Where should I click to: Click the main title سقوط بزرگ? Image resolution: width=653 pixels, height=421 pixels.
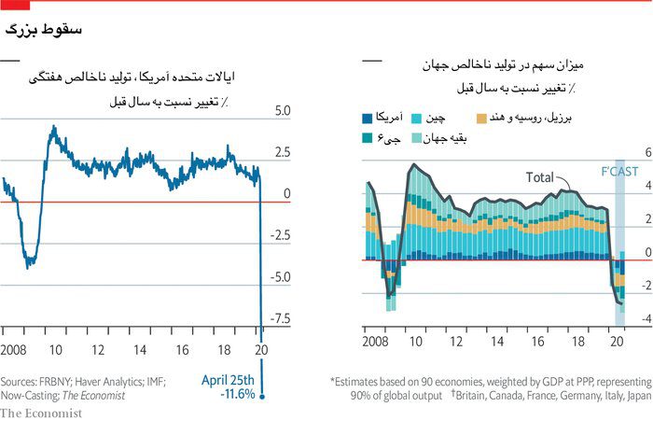[x=44, y=30]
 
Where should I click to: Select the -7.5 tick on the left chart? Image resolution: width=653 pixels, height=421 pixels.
[x=279, y=318]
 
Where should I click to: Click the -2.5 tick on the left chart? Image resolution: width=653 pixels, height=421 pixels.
[x=279, y=235]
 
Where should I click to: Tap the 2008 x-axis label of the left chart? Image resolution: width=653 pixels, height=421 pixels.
[x=16, y=350]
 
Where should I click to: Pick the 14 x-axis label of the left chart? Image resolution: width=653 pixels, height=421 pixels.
[x=139, y=350]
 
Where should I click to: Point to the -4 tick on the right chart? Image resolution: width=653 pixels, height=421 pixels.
[x=642, y=318]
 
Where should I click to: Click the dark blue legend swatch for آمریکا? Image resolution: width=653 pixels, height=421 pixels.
[x=368, y=119]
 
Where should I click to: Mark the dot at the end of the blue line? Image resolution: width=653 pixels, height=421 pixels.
[x=262, y=397]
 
